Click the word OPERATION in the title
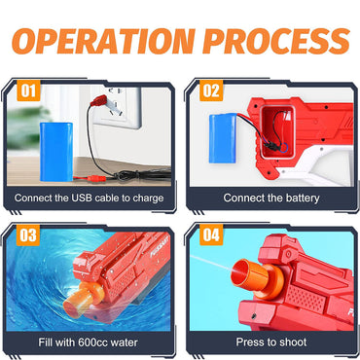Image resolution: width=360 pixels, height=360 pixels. click(104, 41)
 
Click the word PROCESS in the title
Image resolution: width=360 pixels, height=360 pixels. click(276, 41)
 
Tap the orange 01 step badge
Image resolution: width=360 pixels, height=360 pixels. click(28, 90)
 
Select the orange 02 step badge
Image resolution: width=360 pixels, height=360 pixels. click(211, 90)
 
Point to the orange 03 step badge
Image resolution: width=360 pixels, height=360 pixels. click(28, 235)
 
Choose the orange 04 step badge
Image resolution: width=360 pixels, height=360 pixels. click(211, 235)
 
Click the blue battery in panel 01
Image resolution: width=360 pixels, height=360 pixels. click(56, 152)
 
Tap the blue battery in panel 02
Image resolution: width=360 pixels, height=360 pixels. click(223, 138)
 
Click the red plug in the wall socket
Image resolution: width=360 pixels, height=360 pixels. click(99, 100)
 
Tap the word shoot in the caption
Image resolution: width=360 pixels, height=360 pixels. click(292, 342)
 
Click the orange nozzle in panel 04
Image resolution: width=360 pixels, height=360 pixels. click(258, 278)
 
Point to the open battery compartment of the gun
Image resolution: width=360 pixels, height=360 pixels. click(277, 131)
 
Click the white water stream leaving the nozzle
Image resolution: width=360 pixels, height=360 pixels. click(212, 264)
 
